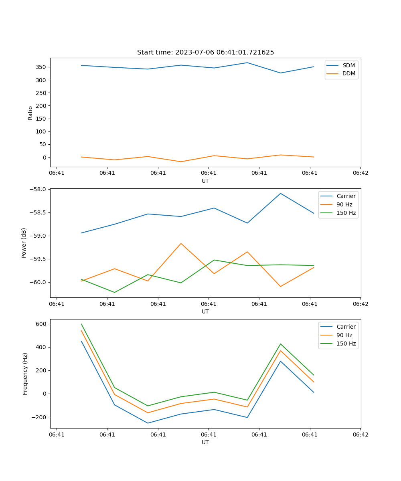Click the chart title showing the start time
click(205, 53)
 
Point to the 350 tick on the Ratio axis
click(43, 67)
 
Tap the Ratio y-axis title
click(30, 113)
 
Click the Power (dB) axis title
click(24, 243)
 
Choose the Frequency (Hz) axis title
click(25, 374)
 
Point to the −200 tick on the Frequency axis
click(41, 417)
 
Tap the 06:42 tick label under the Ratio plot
click(360, 173)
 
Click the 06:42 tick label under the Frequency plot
click(360, 435)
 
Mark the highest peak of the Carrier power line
click(280, 194)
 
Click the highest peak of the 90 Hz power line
click(181, 243)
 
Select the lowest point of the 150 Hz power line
click(115, 292)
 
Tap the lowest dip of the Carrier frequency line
click(148, 423)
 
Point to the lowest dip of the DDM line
click(181, 162)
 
